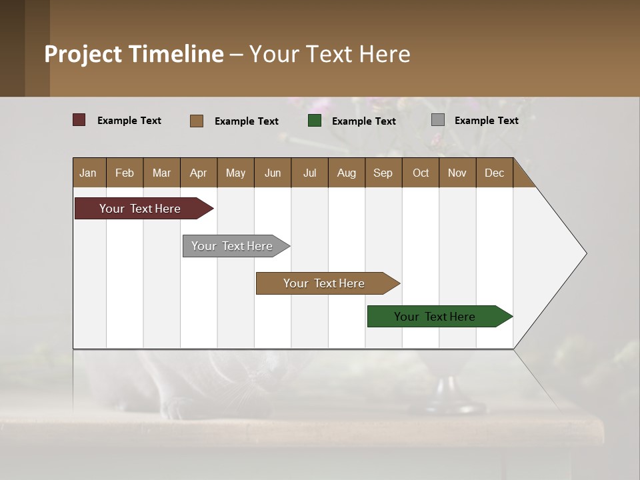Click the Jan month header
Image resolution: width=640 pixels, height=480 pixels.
point(89,173)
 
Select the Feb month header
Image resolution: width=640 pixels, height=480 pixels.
point(125,173)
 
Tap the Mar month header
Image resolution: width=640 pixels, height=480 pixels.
point(161,173)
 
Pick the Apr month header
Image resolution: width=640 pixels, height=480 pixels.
point(199,173)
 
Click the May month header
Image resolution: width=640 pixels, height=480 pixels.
point(235,173)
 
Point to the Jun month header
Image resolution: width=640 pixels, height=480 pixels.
point(273,173)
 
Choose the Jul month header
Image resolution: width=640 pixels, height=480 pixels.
point(309,173)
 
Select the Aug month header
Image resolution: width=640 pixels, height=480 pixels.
point(347,173)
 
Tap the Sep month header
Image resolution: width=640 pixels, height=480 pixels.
point(383,173)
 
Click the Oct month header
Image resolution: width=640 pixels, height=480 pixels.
point(421,173)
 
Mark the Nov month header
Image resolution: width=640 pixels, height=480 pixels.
point(457,173)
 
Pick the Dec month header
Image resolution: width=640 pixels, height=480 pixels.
point(495,173)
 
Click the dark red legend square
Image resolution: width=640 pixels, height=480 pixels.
point(79,120)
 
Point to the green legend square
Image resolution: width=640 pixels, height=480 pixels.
point(315,121)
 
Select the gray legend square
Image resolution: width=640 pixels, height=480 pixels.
point(438,120)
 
